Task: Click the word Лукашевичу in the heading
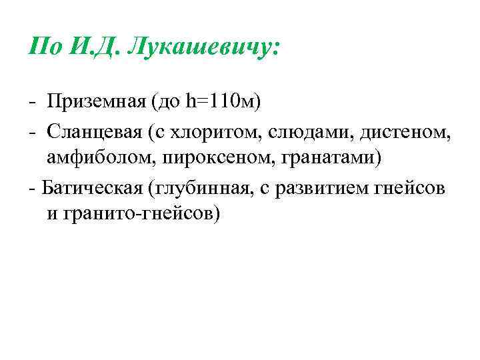[204, 47]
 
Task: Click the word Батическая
[91, 187]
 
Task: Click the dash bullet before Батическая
[32, 187]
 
